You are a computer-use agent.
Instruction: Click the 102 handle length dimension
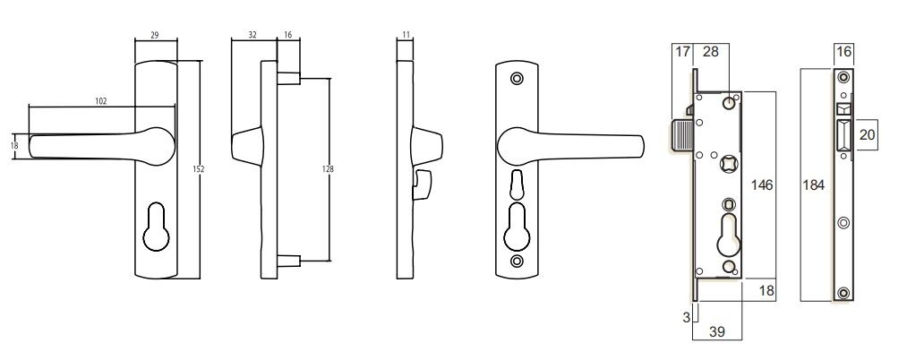pyautogui.click(x=100, y=101)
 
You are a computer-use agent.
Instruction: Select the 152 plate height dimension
pyautogui.click(x=198, y=168)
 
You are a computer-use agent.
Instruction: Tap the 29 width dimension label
pyautogui.click(x=155, y=34)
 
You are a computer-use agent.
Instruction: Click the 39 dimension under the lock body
pyautogui.click(x=717, y=331)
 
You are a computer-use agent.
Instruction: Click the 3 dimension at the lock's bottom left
pyautogui.click(x=686, y=316)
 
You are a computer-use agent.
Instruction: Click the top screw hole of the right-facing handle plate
pyautogui.click(x=516, y=79)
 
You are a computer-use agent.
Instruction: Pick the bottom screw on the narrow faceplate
pyautogui.click(x=843, y=293)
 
